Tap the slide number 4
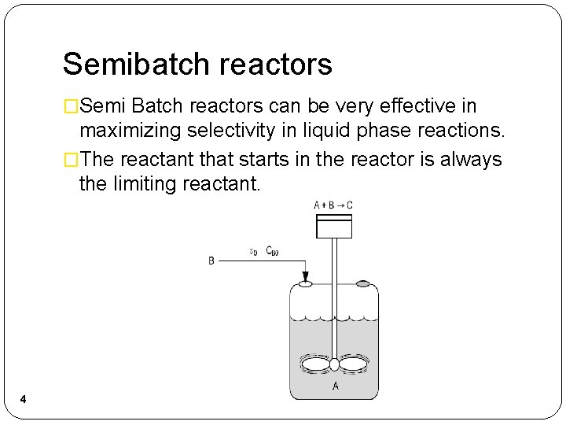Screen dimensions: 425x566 [x=23, y=400]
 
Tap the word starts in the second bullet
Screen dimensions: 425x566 [x=263, y=160]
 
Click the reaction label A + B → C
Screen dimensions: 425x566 [x=333, y=205]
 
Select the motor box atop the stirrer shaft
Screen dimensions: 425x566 [x=333, y=225]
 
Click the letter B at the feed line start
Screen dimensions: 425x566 [x=211, y=261]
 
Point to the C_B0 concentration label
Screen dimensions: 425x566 [x=272, y=251]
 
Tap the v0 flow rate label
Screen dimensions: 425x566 [x=253, y=252]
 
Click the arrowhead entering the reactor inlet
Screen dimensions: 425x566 [x=305, y=275]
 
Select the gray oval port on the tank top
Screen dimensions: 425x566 [x=362, y=283]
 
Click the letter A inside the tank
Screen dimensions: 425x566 [x=336, y=386]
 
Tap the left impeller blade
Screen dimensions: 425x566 [x=315, y=365]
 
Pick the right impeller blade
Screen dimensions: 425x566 [x=353, y=365]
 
